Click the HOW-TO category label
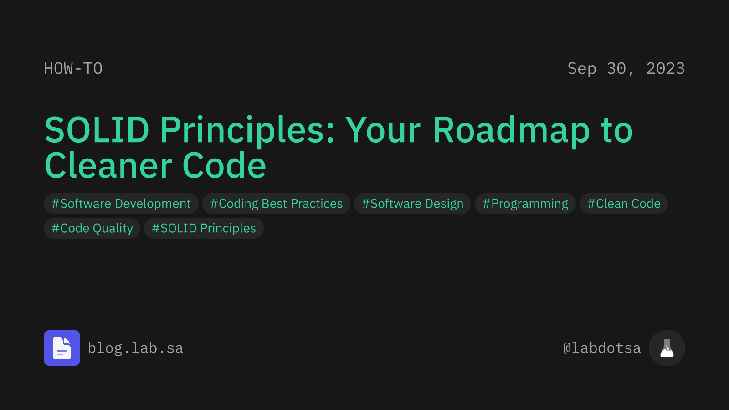[x=73, y=69]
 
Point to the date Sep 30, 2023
[x=626, y=69]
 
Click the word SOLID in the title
[x=97, y=130]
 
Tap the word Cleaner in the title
[x=108, y=166]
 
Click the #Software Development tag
[x=121, y=204]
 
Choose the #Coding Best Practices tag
[x=276, y=204]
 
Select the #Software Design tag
[x=412, y=204]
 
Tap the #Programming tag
[x=525, y=204]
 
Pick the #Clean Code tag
[x=624, y=204]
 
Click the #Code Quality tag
[x=92, y=228]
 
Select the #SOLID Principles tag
[x=204, y=228]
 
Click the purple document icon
[x=62, y=348]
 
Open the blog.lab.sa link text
[x=135, y=348]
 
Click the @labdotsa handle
[x=602, y=348]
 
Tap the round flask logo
[x=667, y=348]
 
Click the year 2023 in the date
[x=665, y=69]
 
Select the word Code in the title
[x=224, y=166]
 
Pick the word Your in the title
[x=383, y=130]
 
